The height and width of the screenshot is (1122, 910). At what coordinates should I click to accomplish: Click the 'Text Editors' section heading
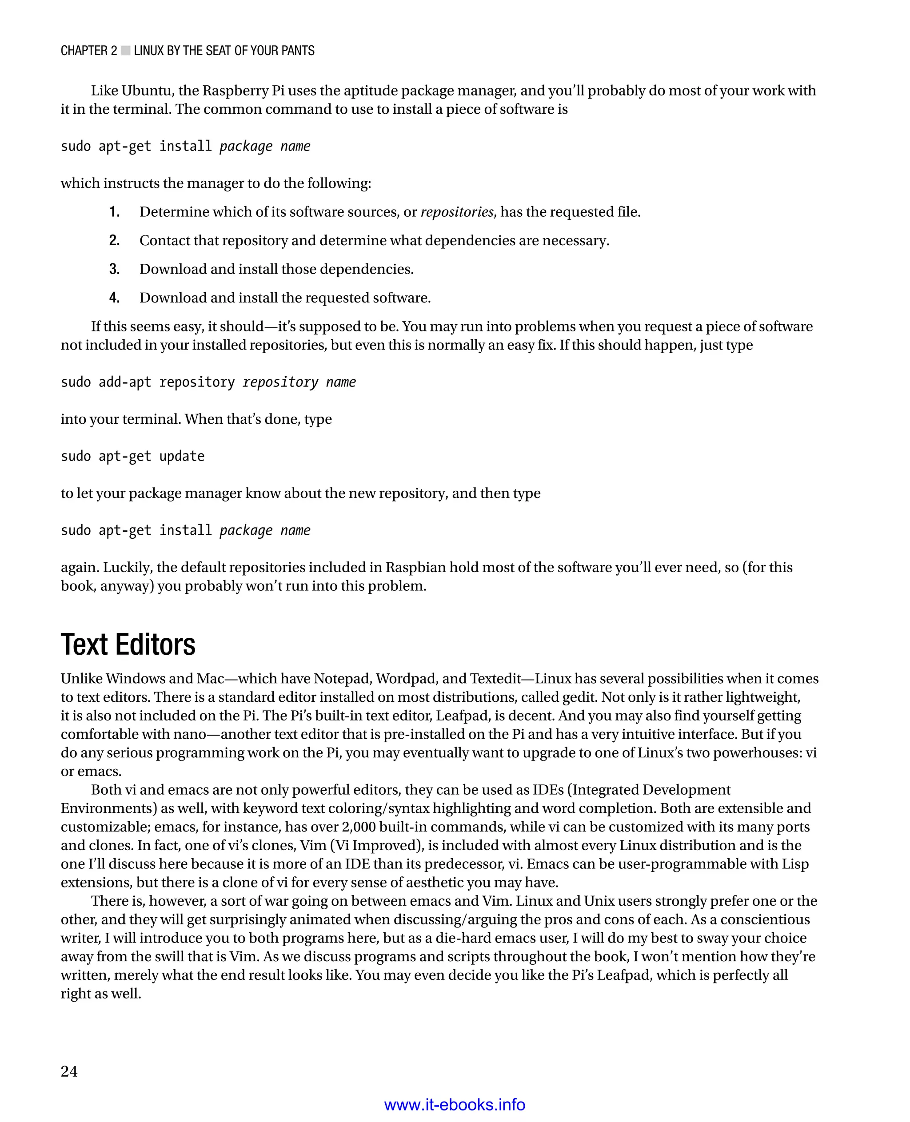[x=128, y=645]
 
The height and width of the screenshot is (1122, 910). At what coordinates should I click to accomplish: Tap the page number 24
[x=69, y=1071]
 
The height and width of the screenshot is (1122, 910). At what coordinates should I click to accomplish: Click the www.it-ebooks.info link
[x=455, y=1105]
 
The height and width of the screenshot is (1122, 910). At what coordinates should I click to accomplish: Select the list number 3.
[x=114, y=269]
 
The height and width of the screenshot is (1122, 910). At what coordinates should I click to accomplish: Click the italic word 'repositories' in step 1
[x=457, y=212]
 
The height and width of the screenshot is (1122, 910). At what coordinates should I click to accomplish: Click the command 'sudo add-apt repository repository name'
[x=208, y=382]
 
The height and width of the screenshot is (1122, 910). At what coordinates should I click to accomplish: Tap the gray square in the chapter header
[x=126, y=50]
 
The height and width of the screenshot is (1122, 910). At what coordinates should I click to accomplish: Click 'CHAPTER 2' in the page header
[x=88, y=51]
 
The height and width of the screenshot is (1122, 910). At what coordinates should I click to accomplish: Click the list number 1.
[x=114, y=212]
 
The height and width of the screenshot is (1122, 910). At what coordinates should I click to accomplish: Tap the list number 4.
[x=114, y=298]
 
